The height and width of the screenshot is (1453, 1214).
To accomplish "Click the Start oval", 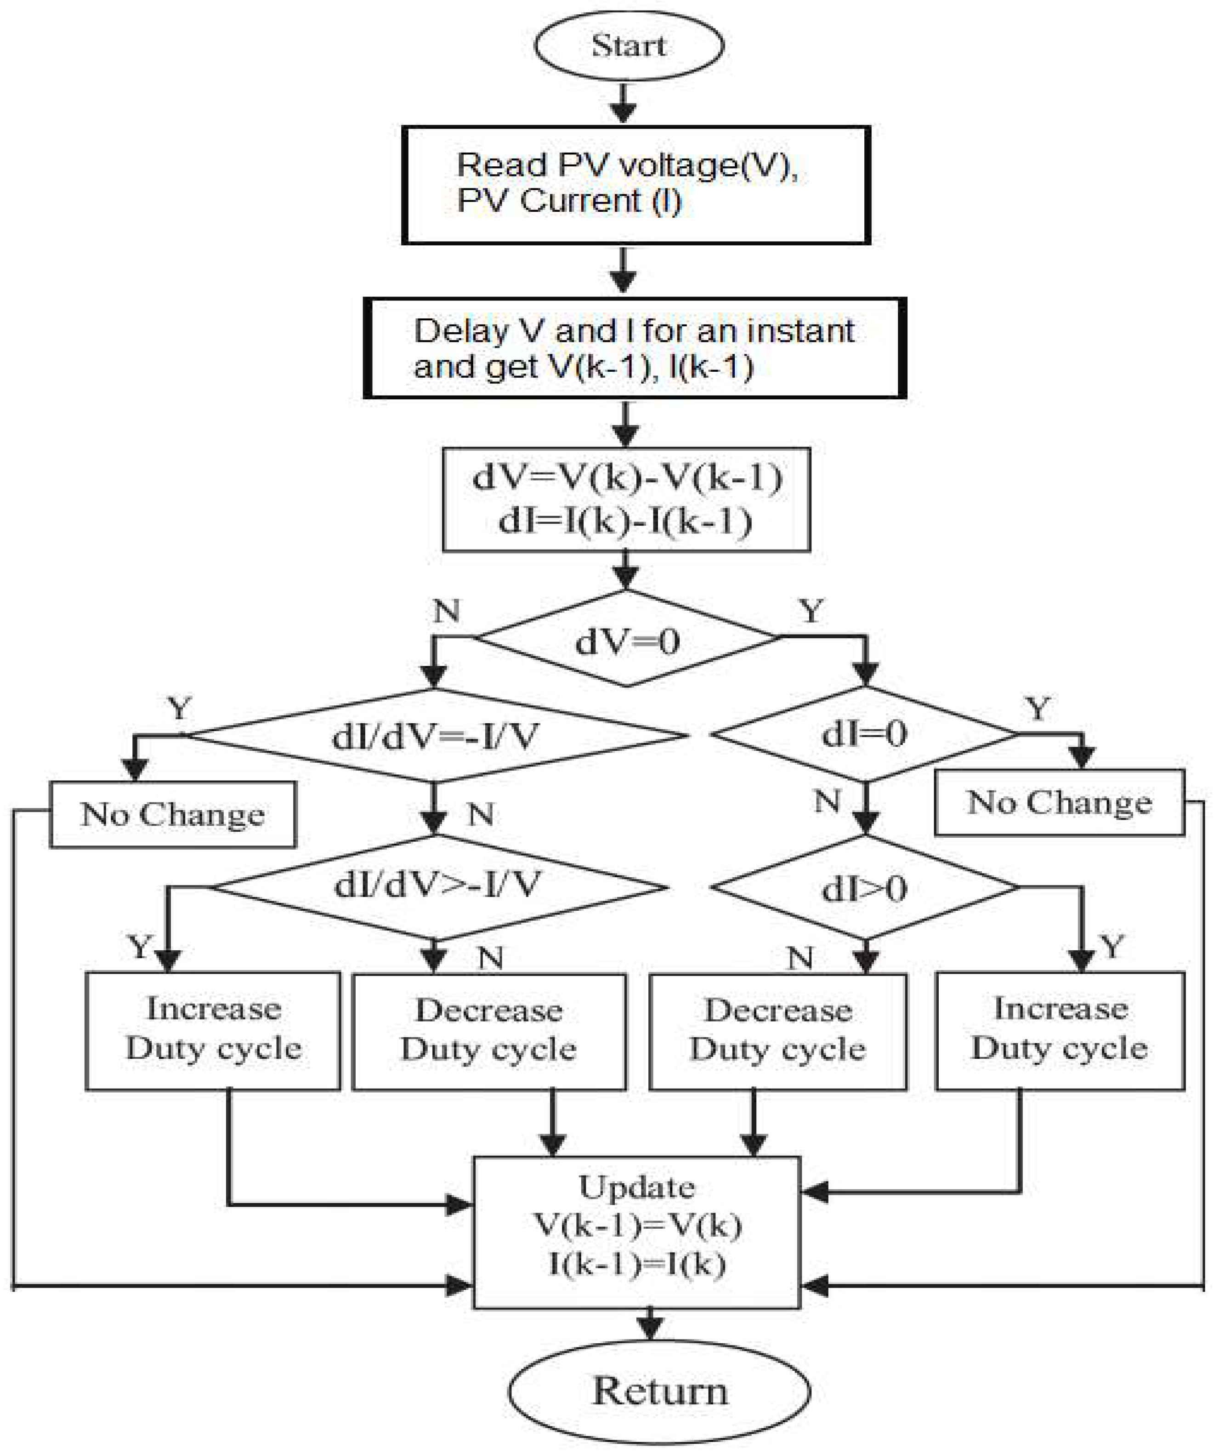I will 628,45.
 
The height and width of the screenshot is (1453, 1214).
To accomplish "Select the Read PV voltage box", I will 635,185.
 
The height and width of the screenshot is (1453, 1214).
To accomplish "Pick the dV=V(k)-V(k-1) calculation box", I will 626,499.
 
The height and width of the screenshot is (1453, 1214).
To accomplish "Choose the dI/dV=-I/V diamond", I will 434,736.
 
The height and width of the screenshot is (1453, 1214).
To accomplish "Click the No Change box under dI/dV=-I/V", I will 173,814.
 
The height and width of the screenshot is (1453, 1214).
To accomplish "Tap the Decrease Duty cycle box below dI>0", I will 777,1032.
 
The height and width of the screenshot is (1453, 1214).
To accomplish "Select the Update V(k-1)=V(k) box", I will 636,1232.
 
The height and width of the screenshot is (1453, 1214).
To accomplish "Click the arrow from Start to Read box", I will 624,104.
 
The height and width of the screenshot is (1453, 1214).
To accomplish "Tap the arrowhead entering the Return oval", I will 650,1326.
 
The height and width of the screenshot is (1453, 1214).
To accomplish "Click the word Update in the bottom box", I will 636,1187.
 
